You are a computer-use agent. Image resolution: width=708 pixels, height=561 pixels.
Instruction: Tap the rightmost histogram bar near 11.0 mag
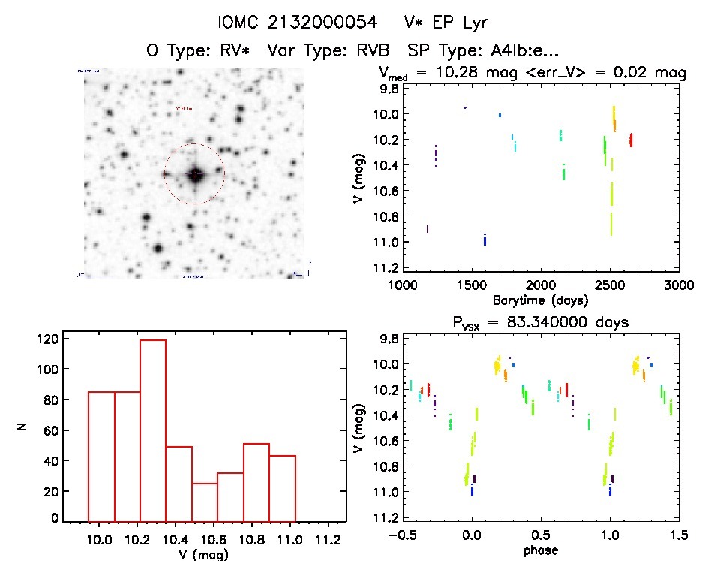(282, 487)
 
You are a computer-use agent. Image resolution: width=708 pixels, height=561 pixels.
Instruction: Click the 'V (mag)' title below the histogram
(205, 555)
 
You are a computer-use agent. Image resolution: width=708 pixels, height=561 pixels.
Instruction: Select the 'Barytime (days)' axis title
(540, 300)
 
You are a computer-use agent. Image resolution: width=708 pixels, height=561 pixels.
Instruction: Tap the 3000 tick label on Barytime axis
(678, 285)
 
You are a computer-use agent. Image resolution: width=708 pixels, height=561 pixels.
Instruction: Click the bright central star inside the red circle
(194, 174)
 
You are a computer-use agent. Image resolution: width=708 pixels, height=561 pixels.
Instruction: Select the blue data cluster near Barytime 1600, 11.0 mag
(484, 240)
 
